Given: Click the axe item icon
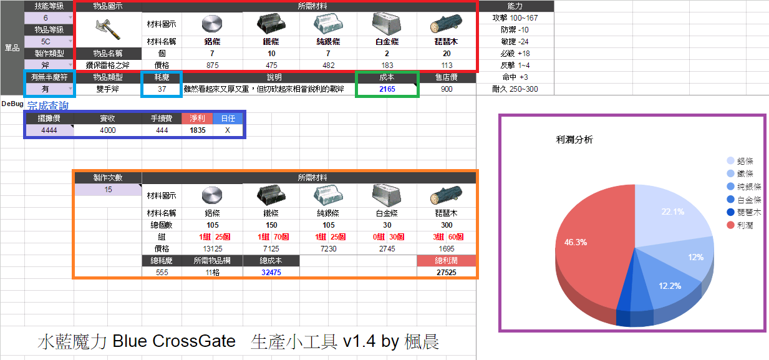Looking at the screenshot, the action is coord(108,29).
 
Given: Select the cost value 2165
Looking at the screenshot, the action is coord(387,89).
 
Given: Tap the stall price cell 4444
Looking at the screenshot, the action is coord(49,130).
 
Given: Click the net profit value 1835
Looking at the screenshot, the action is coord(198,130).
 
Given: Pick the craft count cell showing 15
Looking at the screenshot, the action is coord(108,190).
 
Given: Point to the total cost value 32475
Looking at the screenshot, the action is coord(271,273).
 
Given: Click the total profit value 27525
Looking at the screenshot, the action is coord(447,273).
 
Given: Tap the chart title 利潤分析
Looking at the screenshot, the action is coord(574,140).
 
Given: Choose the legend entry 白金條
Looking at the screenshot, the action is coord(744,200).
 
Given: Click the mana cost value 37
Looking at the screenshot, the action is coord(162,89).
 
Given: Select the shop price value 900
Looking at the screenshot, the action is coord(447,89).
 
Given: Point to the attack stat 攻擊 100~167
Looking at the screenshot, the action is coord(515,18).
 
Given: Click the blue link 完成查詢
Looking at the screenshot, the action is coord(48,105).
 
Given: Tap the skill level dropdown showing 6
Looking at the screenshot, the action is coord(49,18).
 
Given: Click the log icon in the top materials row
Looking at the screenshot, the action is coord(447,24).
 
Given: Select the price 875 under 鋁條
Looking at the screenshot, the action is coord(213,66).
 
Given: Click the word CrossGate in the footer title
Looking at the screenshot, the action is coord(194,341).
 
